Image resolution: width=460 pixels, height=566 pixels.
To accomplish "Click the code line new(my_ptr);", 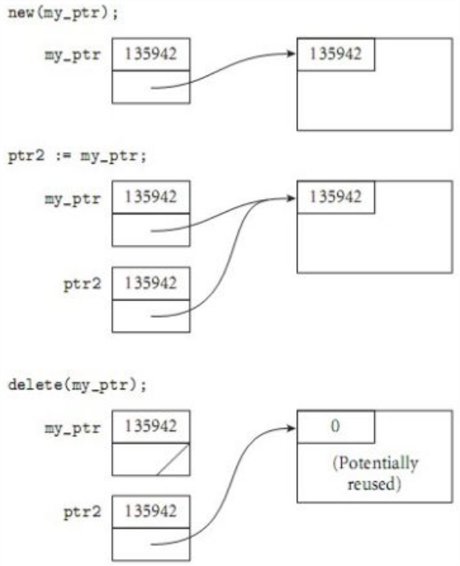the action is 63,14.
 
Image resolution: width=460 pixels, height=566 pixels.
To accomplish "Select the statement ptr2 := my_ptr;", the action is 77,157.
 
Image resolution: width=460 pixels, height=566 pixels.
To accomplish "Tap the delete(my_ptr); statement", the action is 77,385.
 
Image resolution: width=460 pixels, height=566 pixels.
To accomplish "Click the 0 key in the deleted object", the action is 336,426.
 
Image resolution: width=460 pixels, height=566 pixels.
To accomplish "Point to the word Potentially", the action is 376,463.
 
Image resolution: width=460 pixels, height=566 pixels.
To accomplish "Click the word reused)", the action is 374,483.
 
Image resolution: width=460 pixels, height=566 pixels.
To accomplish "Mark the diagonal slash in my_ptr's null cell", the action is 173,459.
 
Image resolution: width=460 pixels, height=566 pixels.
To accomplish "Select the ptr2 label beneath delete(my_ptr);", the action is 83,512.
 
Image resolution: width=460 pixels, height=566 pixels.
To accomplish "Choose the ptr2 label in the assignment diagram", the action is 83,283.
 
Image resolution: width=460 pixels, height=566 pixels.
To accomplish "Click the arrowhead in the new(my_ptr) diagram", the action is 291,54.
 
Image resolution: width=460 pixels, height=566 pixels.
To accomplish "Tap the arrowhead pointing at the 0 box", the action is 291,428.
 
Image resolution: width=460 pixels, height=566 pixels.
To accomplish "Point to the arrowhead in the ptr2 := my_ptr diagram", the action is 291,198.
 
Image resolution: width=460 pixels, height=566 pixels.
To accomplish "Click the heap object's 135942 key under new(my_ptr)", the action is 336,54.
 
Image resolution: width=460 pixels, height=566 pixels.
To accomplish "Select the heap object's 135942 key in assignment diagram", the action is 336,197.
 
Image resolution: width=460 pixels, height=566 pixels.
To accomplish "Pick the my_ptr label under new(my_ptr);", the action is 72,55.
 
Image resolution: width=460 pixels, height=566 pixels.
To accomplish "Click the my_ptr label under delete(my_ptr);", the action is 72,428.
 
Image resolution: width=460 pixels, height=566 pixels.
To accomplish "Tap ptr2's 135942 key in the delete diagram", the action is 151,511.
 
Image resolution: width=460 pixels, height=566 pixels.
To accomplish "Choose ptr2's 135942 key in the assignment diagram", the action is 151,283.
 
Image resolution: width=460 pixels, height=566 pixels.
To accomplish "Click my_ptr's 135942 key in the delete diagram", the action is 151,426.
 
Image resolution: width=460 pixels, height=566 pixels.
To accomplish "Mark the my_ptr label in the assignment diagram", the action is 72,198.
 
